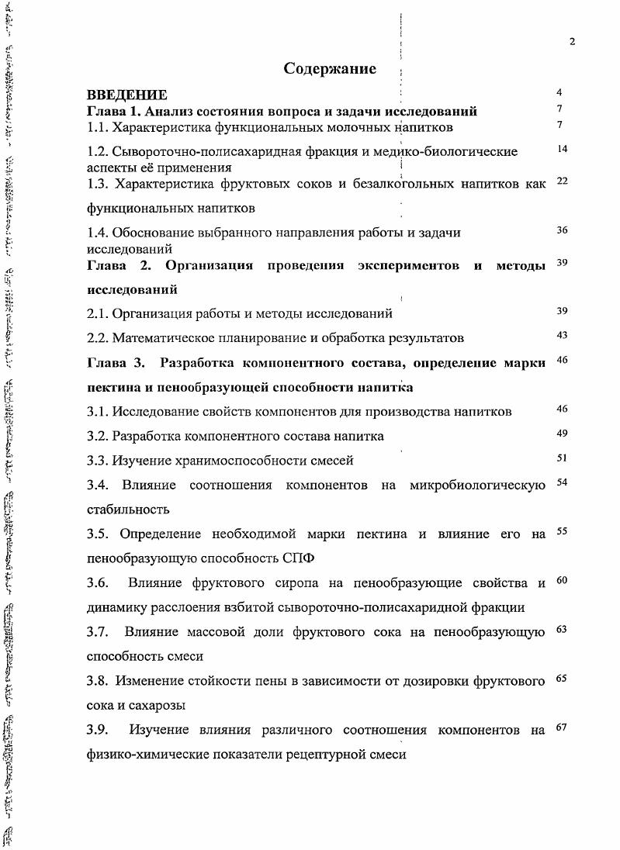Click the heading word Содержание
(x=330, y=69)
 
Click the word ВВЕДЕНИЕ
(x=126, y=95)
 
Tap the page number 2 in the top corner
(x=572, y=42)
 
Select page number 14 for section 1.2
(x=563, y=148)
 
